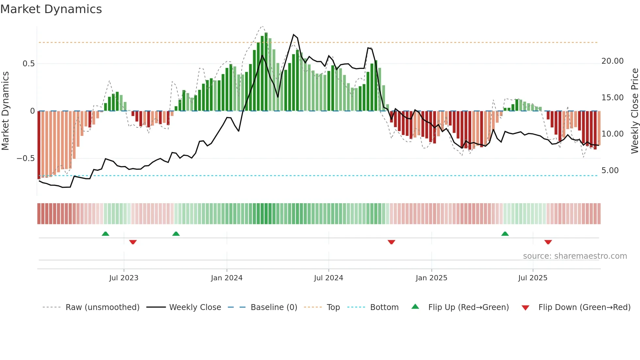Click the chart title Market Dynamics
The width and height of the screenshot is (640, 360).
pyautogui.click(x=51, y=9)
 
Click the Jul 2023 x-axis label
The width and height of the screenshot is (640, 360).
pyautogui.click(x=124, y=278)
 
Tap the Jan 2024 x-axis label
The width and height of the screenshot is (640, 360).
pyautogui.click(x=227, y=278)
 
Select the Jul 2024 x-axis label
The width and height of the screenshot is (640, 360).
pyautogui.click(x=328, y=278)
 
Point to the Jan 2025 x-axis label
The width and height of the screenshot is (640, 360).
pyautogui.click(x=431, y=278)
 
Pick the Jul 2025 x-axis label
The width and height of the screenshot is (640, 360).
pyautogui.click(x=533, y=278)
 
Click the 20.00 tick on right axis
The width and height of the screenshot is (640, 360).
pyautogui.click(x=612, y=61)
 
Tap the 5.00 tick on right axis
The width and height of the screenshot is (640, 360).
pyautogui.click(x=610, y=171)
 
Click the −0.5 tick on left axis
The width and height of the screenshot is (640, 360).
pyautogui.click(x=25, y=158)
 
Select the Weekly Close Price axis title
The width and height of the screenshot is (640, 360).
pyautogui.click(x=634, y=111)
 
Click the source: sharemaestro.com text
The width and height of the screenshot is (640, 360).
pyautogui.click(x=575, y=256)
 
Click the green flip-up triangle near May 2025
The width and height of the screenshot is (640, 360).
pyautogui.click(x=505, y=234)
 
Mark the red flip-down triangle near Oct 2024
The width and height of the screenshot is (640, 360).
pyautogui.click(x=391, y=242)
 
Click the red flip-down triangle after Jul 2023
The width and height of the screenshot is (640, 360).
pyautogui.click(x=133, y=242)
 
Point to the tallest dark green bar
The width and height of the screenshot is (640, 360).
pyautogui.click(x=266, y=72)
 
